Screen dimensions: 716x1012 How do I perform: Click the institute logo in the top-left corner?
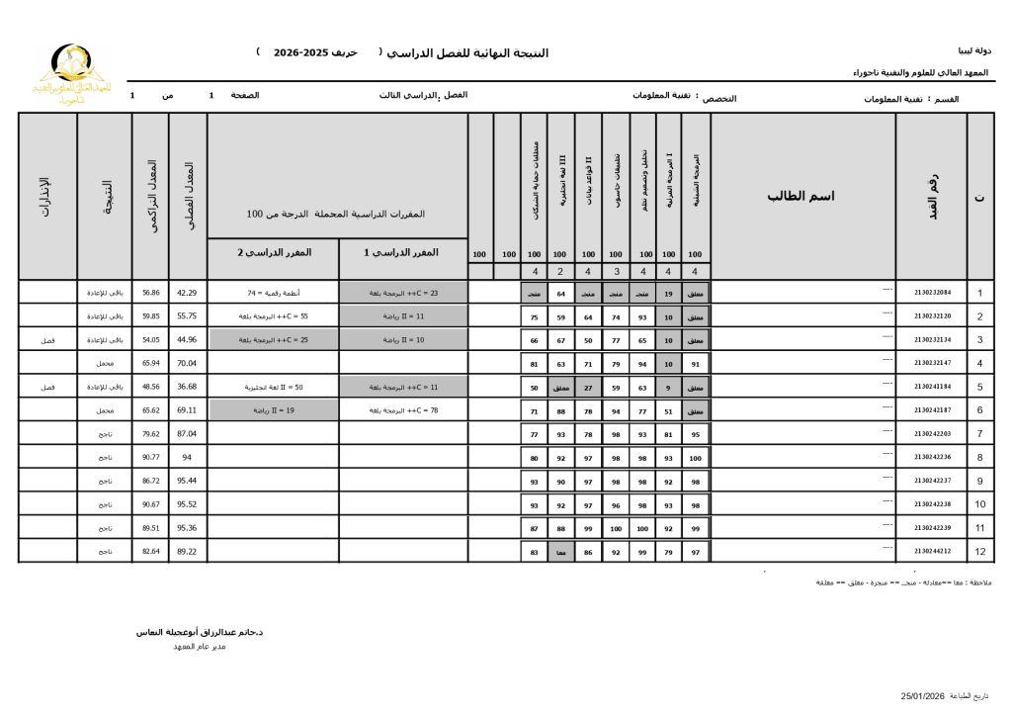[x=69, y=74]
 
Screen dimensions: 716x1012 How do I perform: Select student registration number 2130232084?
[x=932, y=293]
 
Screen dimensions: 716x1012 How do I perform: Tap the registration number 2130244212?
[x=932, y=551]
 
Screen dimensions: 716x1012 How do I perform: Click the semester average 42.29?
[x=187, y=293]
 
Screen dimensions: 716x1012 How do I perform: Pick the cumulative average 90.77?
[x=150, y=457]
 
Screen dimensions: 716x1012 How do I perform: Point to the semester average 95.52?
[x=187, y=504]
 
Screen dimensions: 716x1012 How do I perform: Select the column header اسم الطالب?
[x=801, y=196]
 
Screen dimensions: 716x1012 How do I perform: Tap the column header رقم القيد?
[x=932, y=196]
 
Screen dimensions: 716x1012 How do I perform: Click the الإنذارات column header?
[x=46, y=196]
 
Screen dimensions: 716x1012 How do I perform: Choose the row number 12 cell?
[x=979, y=551]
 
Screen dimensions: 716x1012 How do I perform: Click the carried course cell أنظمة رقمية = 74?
[x=273, y=293]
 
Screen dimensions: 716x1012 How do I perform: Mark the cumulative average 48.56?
[x=150, y=387]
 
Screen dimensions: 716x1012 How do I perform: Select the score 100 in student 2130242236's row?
[x=695, y=457]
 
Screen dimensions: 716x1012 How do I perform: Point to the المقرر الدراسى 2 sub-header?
[x=273, y=252]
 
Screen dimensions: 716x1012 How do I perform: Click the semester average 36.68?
[x=187, y=387]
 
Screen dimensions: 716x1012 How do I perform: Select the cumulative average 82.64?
[x=150, y=551]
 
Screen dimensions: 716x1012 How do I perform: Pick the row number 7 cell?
[x=979, y=434]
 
